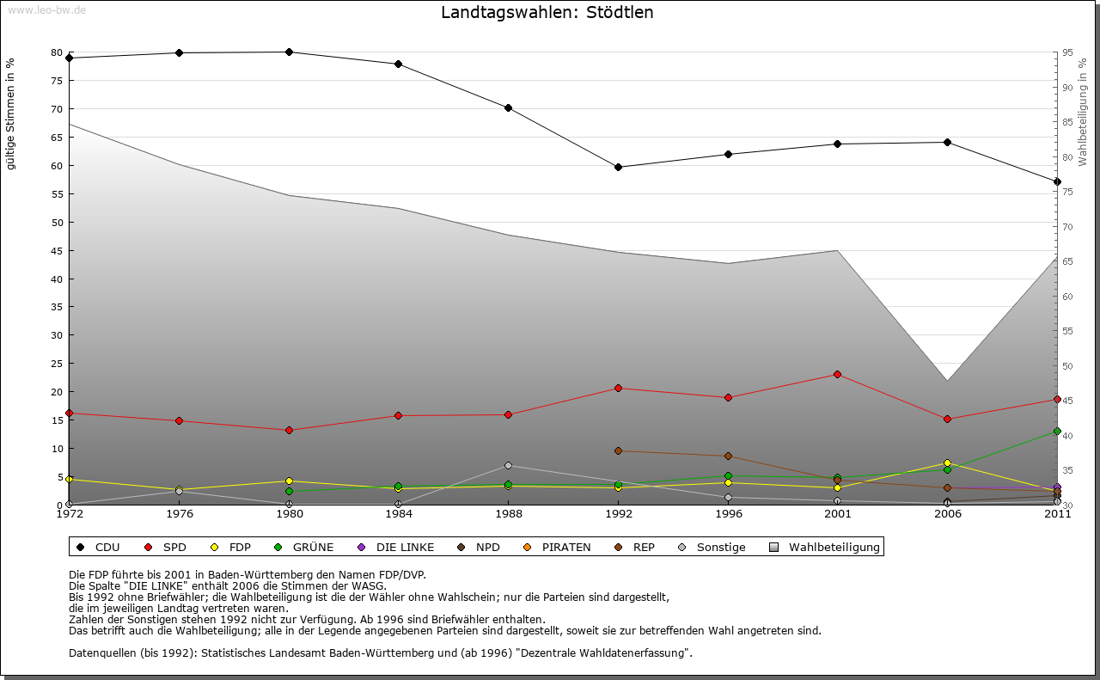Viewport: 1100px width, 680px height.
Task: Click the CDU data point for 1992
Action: click(619, 167)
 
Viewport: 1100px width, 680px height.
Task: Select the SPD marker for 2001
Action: click(838, 374)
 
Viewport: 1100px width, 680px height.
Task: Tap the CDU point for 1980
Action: click(289, 52)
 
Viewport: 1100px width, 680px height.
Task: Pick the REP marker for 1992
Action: click(619, 450)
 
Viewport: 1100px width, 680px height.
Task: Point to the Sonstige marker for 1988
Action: click(509, 465)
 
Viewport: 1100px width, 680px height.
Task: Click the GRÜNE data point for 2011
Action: click(1057, 431)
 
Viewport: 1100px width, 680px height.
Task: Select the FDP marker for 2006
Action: click(947, 463)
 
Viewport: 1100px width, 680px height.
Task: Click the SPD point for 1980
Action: click(289, 430)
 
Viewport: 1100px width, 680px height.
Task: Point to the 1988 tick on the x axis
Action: click(509, 514)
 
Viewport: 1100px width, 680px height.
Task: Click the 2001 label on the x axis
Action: click(838, 514)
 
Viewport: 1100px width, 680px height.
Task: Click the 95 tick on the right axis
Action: click(1066, 52)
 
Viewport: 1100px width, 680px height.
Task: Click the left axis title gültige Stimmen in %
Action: click(11, 113)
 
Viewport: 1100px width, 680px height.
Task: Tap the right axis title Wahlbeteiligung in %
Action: click(1083, 113)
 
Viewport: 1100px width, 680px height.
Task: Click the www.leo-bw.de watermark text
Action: click(46, 9)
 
